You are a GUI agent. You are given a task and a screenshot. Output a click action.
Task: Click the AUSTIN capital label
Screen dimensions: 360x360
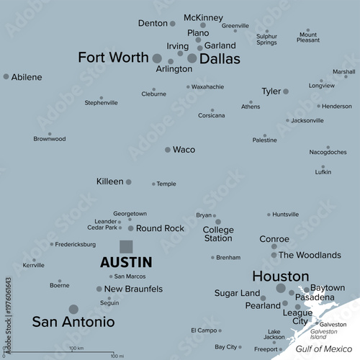pyautogui.click(x=125, y=263)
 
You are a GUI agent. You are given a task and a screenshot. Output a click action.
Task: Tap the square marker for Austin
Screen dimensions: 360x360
pyautogui.click(x=126, y=246)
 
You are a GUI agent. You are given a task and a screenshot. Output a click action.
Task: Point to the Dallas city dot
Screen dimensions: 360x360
pyautogui.click(x=192, y=58)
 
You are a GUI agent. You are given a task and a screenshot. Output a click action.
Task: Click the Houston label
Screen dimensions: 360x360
pyautogui.click(x=280, y=276)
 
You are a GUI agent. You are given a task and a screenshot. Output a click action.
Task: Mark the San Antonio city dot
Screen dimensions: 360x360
pyautogui.click(x=73, y=309)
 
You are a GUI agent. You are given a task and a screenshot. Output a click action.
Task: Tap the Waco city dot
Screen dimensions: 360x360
pyautogui.click(x=168, y=150)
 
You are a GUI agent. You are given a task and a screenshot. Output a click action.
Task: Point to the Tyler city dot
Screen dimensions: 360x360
pyautogui.click(x=286, y=91)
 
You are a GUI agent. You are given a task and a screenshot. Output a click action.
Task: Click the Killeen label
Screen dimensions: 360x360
pyautogui.click(x=110, y=181)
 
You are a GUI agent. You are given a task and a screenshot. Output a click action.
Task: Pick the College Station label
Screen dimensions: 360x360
pyautogui.click(x=218, y=233)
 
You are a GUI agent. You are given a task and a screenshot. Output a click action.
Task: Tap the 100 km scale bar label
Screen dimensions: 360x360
pyautogui.click(x=76, y=348)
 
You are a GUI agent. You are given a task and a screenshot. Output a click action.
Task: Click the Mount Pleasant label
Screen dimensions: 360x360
pyautogui.click(x=308, y=37)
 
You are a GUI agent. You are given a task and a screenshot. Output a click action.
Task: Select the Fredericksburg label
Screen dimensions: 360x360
pyautogui.click(x=81, y=244)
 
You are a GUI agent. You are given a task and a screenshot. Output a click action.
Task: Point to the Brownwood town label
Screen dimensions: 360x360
pyautogui.click(x=50, y=138)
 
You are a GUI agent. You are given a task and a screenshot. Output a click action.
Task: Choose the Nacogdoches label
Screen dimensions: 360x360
pyautogui.click(x=328, y=152)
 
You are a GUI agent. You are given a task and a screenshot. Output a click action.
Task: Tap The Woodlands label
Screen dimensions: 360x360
pyautogui.click(x=310, y=255)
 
